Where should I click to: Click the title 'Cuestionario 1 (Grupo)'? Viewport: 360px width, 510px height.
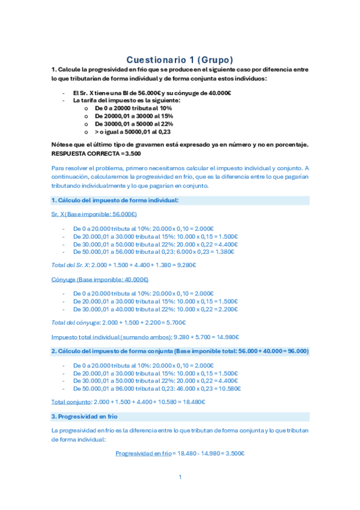tap(180, 60)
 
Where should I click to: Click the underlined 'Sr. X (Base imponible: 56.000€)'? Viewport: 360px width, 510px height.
tap(94, 214)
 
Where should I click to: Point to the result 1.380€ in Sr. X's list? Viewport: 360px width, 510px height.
tap(228, 252)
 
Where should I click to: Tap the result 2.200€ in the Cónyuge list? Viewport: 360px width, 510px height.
tap(228, 309)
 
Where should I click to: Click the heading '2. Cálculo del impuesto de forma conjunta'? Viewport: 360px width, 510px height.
tap(180, 351)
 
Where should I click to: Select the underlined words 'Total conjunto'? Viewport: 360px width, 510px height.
tap(66, 402)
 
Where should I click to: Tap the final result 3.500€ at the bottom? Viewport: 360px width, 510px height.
tap(234, 453)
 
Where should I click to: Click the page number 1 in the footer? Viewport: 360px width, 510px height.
tap(180, 478)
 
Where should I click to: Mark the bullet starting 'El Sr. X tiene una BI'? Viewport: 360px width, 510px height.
tap(152, 92)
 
